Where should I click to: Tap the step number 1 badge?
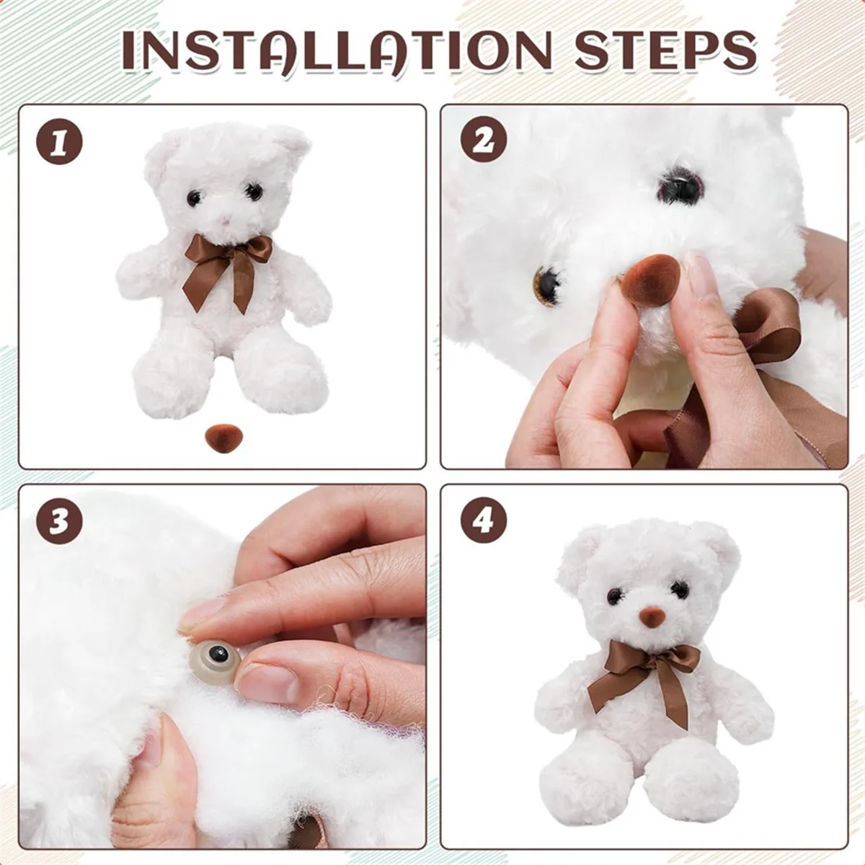(x=59, y=141)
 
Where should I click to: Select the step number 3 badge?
(x=59, y=521)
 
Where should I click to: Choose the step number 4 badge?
(x=484, y=521)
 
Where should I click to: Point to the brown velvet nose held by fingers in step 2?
(x=649, y=278)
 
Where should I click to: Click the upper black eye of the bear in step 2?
(x=680, y=187)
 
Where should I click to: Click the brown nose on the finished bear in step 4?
(x=651, y=617)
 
